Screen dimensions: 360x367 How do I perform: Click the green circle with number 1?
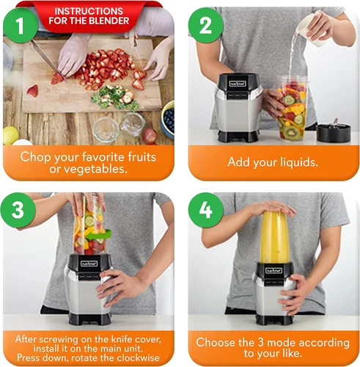click(21, 26)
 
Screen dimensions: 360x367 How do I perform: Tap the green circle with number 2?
click(205, 26)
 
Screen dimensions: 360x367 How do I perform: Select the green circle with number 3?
click(18, 210)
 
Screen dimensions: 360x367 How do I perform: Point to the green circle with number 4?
click(206, 210)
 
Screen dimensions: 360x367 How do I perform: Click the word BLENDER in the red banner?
click(109, 21)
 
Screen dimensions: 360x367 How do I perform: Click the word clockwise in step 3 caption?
click(138, 357)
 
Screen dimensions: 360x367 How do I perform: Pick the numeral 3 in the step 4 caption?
click(261, 343)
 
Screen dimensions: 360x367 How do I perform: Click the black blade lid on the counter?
click(334, 132)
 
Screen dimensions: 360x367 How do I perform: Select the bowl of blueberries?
click(168, 120)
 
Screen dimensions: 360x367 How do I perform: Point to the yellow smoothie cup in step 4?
click(274, 237)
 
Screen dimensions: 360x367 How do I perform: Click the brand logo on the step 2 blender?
click(238, 84)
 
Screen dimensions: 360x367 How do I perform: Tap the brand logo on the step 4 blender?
click(274, 271)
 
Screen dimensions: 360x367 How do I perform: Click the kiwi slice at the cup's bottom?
click(291, 132)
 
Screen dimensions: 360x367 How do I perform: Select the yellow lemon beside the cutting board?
click(10, 135)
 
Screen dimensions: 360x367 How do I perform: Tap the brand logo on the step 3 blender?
click(89, 264)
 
